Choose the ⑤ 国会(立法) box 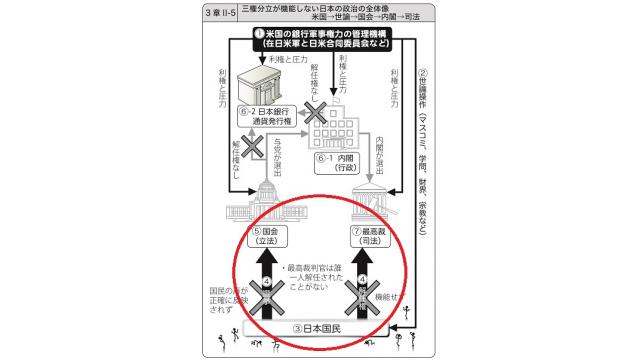coord(268,238)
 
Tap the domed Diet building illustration coord(269,198)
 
